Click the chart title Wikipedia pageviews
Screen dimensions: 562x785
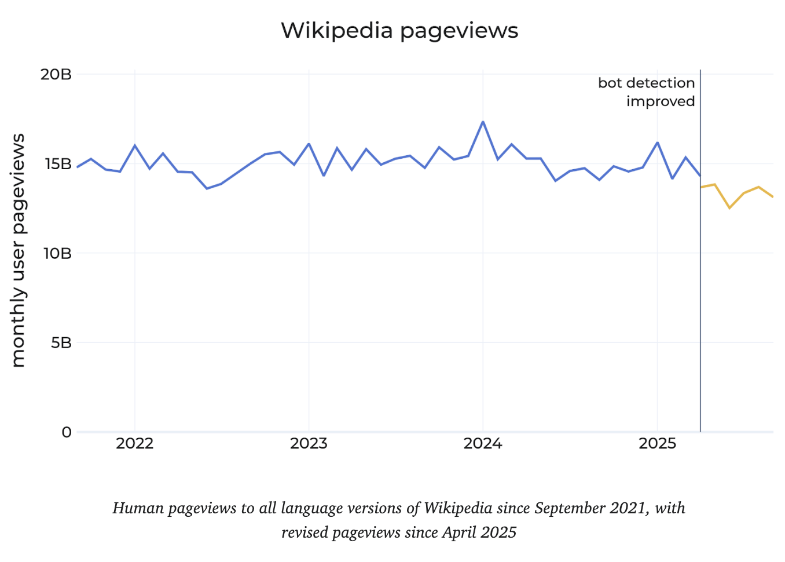pos(399,31)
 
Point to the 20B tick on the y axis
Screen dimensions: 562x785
pos(56,74)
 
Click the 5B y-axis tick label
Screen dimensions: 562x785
pos(61,342)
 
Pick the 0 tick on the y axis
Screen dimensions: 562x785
pos(67,432)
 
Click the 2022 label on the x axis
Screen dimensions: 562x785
pos(134,444)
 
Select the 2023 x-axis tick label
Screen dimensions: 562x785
pos(309,444)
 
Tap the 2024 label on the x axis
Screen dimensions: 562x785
pos(483,444)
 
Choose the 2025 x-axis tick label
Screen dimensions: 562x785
pos(657,444)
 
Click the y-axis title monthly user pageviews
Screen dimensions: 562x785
pos(19,250)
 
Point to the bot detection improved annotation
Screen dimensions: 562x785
pos(647,92)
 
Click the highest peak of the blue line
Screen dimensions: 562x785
pos(483,122)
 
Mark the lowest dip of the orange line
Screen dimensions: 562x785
pos(729,207)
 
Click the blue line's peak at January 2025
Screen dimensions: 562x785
pos(657,143)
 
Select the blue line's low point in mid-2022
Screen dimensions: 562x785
pos(207,188)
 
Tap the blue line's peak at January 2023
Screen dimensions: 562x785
pos(309,144)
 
